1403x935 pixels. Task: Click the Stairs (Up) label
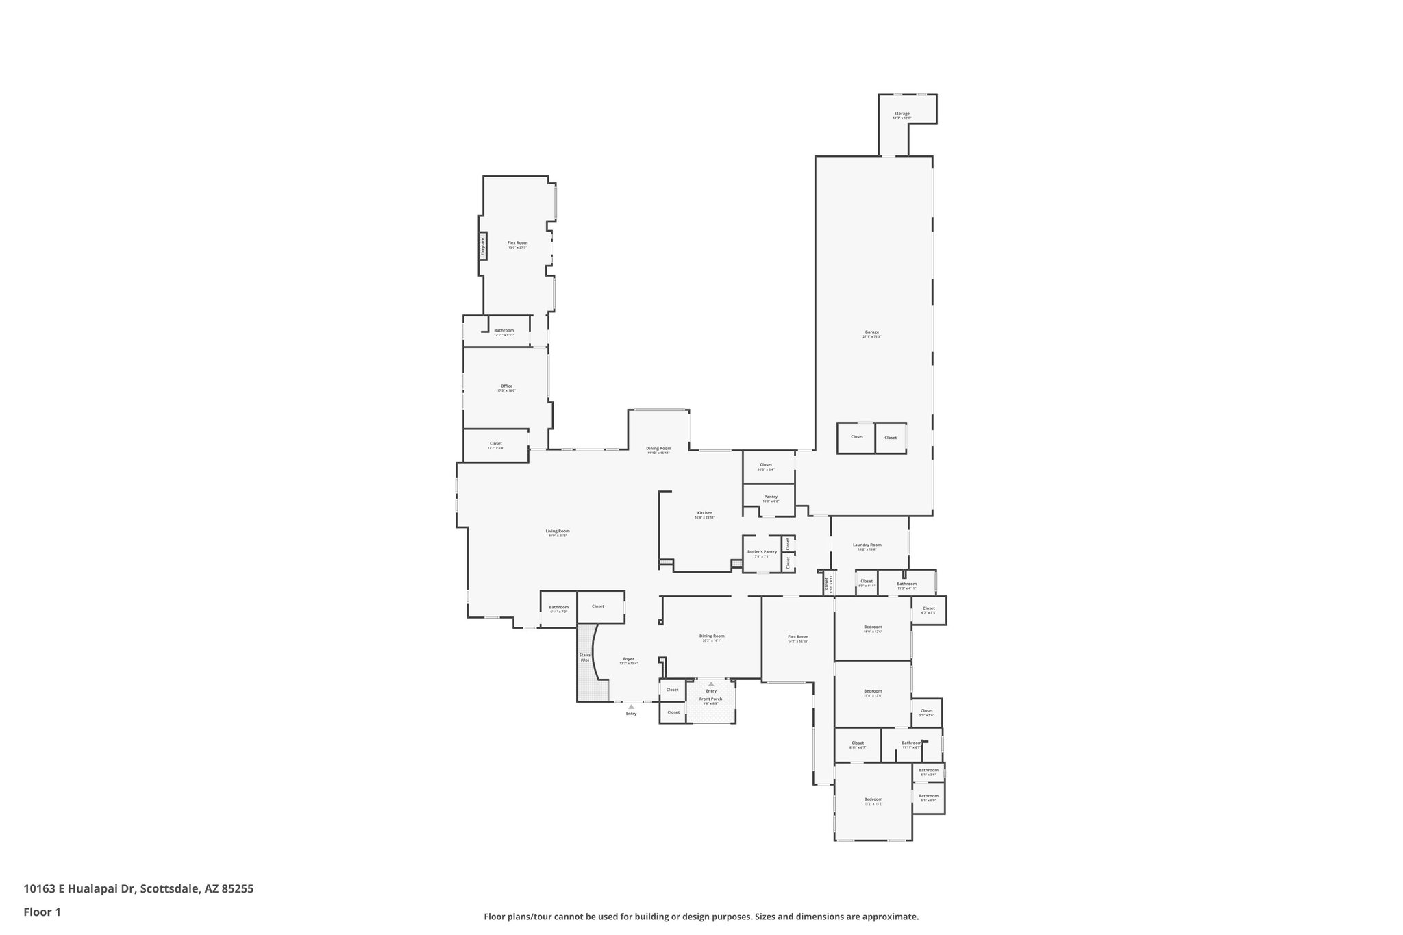[x=585, y=657]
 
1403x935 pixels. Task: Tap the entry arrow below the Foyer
[x=631, y=707]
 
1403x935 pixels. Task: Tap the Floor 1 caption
[x=42, y=912]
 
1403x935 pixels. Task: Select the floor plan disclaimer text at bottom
[x=701, y=917]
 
